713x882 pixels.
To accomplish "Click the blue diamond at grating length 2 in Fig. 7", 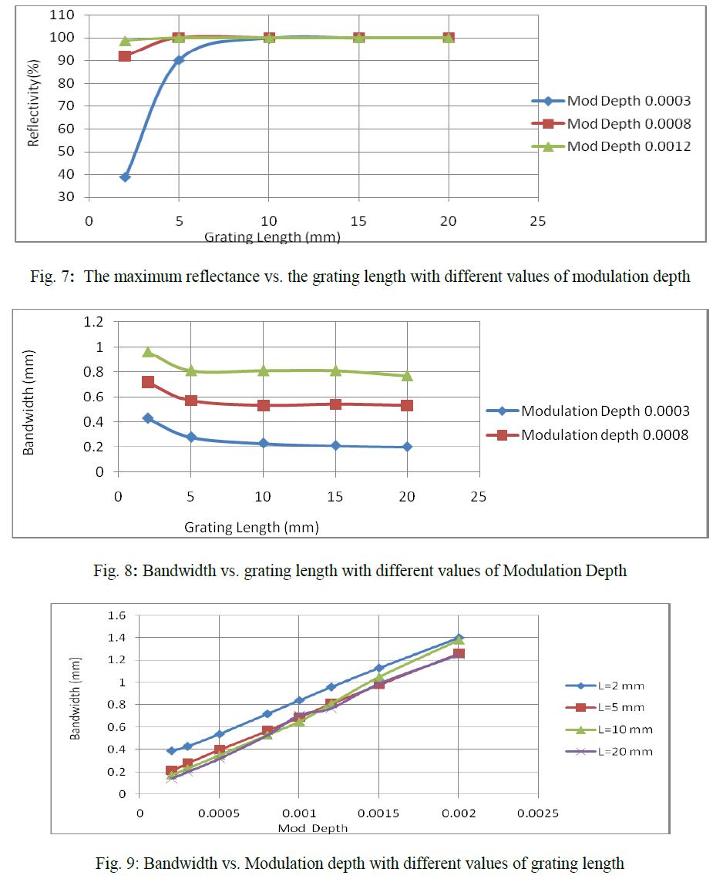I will tap(125, 176).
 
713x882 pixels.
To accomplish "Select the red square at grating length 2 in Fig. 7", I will tap(125, 55).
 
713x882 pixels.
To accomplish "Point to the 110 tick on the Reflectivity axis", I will tap(64, 15).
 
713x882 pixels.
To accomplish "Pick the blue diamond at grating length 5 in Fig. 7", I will tap(179, 60).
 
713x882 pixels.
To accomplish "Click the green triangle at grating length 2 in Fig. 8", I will tap(147, 352).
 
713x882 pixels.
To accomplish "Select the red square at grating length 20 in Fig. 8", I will tap(407, 405).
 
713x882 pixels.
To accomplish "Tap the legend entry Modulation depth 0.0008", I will tap(604, 434).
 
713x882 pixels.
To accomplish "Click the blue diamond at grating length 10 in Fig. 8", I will tap(263, 443).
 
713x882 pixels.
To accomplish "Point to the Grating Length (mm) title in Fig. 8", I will tap(251, 528).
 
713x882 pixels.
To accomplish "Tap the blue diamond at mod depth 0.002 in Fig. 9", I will tap(459, 638).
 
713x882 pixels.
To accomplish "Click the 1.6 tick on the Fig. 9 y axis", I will tap(116, 615).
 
